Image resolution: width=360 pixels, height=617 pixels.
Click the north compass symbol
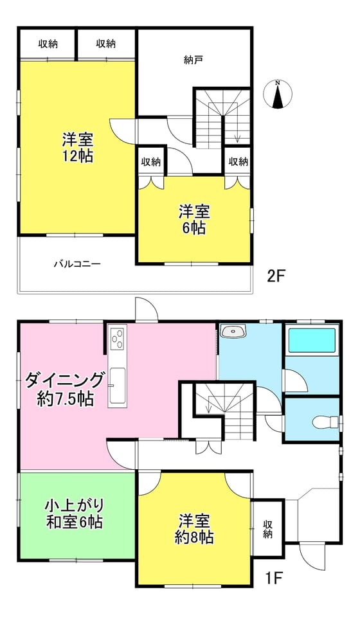pyautogui.click(x=278, y=94)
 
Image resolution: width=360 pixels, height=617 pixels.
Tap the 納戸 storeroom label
pyautogui.click(x=194, y=60)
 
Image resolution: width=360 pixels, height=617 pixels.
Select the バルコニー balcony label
pyautogui.click(x=77, y=264)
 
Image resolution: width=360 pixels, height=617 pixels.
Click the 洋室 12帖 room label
pyautogui.click(x=78, y=148)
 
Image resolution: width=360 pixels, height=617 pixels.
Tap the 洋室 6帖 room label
pyautogui.click(x=194, y=220)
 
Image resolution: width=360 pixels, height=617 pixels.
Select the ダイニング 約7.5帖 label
pyautogui.click(x=66, y=389)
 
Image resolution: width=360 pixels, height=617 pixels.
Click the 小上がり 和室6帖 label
pyautogui.click(x=75, y=513)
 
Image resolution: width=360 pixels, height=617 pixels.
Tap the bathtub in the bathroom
pyautogui.click(x=312, y=341)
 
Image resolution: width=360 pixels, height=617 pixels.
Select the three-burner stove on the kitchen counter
pyautogui.click(x=118, y=339)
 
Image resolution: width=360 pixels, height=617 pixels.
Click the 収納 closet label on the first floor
pyautogui.click(x=268, y=529)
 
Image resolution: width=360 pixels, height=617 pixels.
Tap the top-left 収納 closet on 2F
pyautogui.click(x=48, y=44)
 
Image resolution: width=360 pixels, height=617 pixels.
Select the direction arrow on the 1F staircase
pyautogui.click(x=208, y=405)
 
